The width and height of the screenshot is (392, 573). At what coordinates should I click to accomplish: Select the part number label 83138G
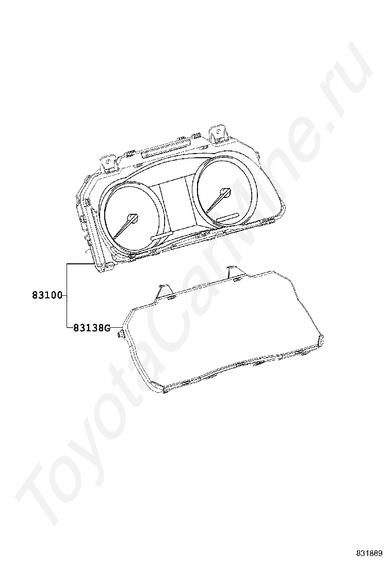pos(91,327)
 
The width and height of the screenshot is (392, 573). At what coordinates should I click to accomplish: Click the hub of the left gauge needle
pos(134,218)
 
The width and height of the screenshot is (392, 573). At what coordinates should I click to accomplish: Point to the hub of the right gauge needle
pos(225,192)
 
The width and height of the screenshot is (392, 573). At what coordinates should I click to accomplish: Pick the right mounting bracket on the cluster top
pos(218,133)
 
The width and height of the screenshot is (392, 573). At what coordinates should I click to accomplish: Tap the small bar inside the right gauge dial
pos(227,217)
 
